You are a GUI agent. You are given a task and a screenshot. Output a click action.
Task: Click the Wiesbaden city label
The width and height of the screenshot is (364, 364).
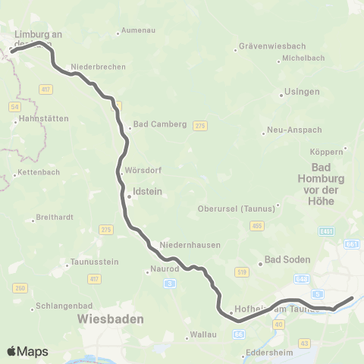(111, 319)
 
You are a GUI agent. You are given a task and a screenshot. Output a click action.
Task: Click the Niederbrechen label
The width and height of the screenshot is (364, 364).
(98, 67)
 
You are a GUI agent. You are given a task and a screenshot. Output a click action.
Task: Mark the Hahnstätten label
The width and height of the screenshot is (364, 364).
(43, 118)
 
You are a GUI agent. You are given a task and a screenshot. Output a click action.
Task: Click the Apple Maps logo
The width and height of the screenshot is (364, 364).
(27, 351)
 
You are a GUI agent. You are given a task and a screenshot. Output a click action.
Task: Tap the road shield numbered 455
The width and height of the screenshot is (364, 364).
(258, 225)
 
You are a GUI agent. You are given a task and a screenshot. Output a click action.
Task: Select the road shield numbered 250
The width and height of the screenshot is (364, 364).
(19, 288)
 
